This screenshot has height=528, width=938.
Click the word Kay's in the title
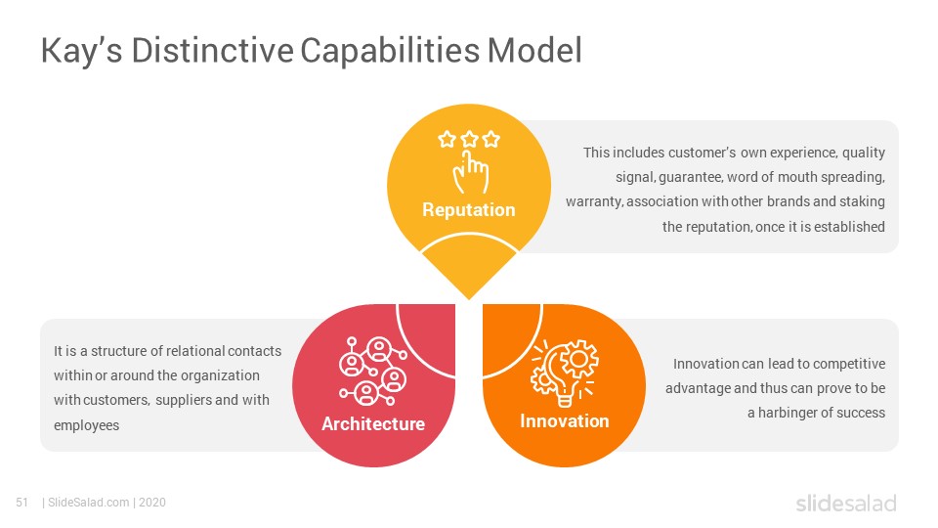(x=81, y=51)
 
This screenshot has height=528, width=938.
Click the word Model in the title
(x=534, y=50)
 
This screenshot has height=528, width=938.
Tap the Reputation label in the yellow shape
(x=468, y=210)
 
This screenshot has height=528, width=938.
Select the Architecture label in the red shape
(x=373, y=423)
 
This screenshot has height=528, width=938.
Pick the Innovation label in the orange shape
(x=564, y=420)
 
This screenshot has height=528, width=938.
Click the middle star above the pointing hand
(x=470, y=140)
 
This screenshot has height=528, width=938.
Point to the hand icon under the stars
(x=471, y=172)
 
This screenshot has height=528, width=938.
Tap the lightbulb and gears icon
(x=564, y=373)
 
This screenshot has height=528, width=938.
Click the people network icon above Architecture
(x=373, y=372)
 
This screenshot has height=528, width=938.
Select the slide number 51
(x=22, y=503)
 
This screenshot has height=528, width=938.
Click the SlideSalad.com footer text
(x=88, y=503)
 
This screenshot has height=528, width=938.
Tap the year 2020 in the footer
(x=152, y=503)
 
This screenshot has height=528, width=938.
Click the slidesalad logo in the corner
(x=846, y=503)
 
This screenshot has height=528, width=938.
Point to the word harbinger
(x=787, y=413)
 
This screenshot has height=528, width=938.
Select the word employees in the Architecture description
(x=87, y=425)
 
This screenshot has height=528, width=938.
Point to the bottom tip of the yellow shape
(x=469, y=299)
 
